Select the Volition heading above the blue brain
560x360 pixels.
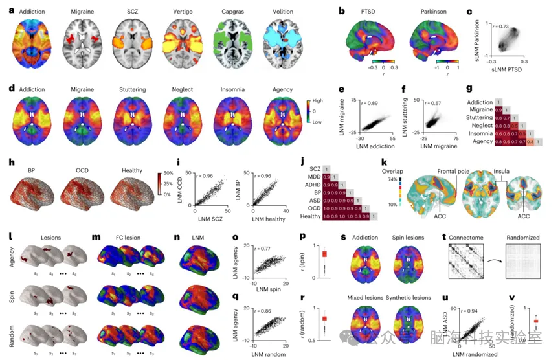(282, 12)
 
